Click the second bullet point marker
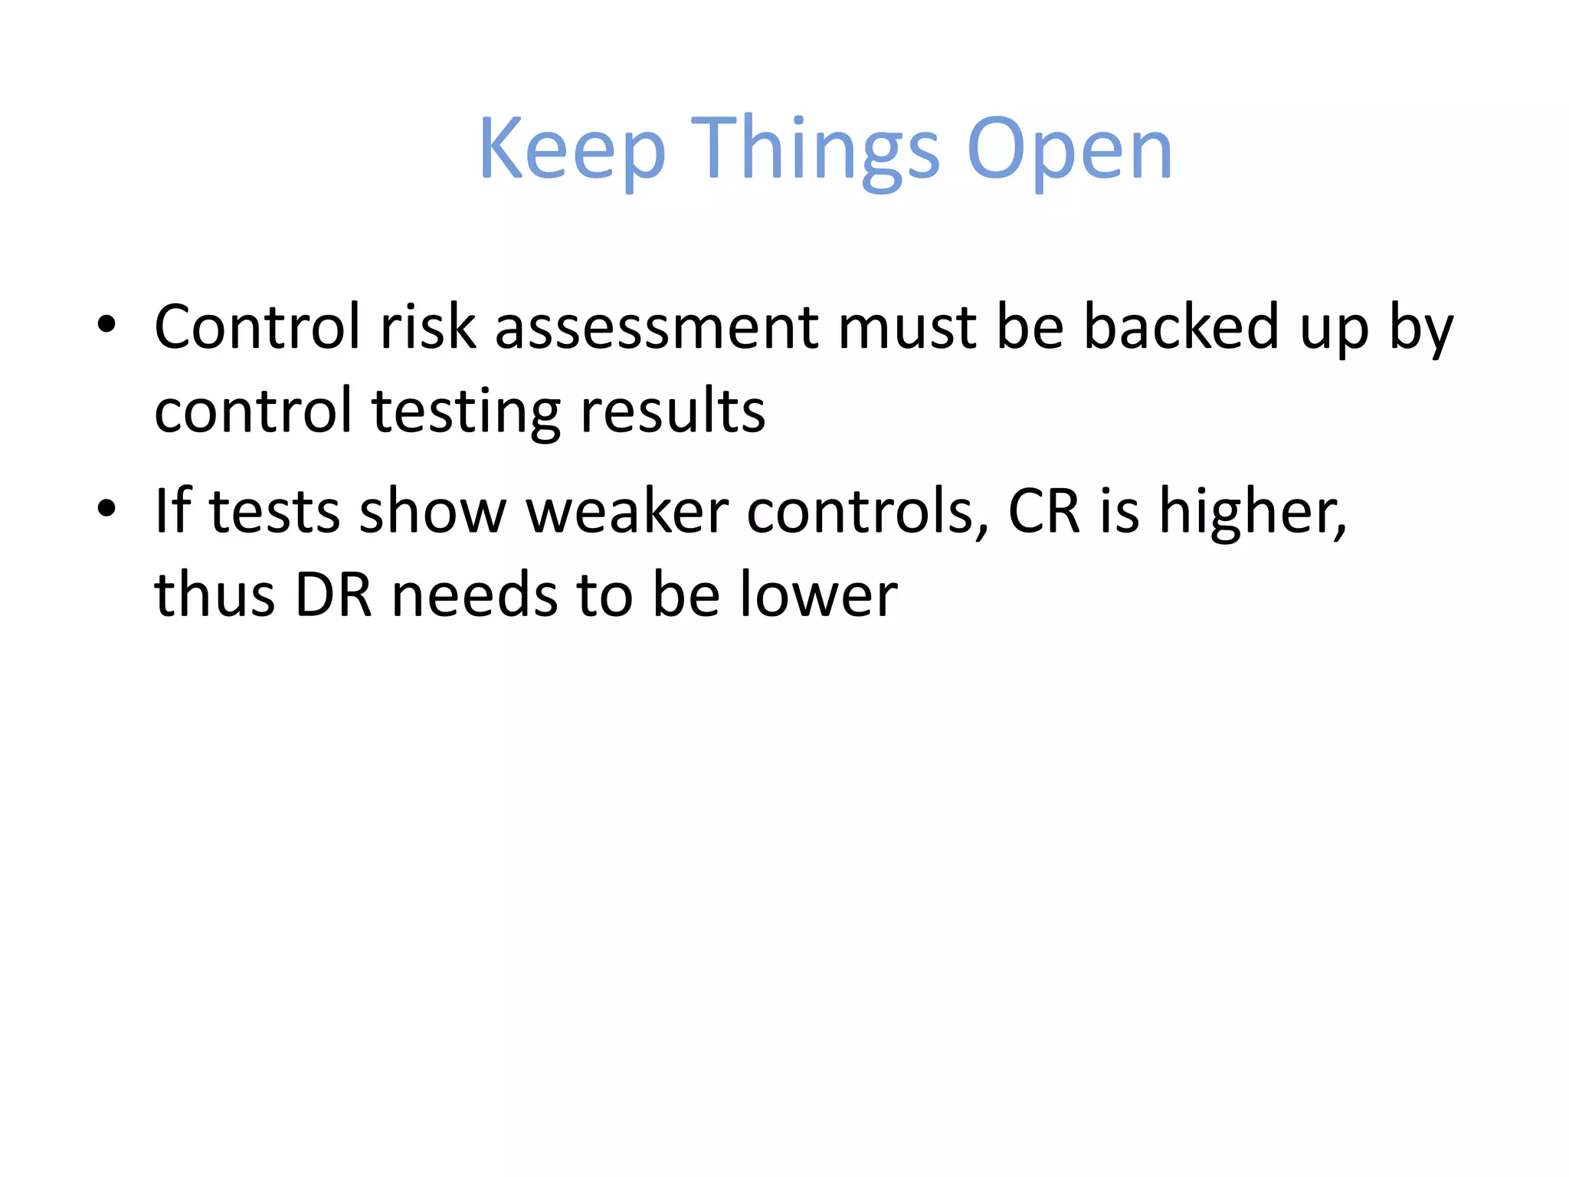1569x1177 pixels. pos(106,507)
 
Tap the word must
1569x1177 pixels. pos(907,327)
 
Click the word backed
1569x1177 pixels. pos(1181,327)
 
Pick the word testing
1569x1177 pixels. pos(466,411)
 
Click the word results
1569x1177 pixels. pos(672,411)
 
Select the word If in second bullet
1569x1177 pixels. pos(172,510)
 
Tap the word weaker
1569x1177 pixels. pos(627,510)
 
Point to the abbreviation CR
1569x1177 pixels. pos(1043,510)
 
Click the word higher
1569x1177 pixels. pos(1252,510)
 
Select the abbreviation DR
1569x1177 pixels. pos(333,595)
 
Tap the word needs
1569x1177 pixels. pos(474,595)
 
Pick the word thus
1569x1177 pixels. pos(215,595)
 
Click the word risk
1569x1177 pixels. pos(427,327)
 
